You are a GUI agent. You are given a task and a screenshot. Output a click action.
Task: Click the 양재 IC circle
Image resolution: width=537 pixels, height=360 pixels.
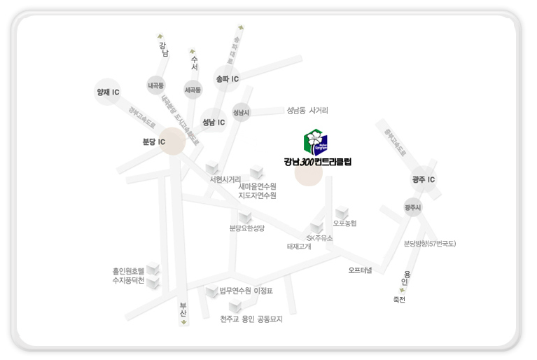[x=108, y=92]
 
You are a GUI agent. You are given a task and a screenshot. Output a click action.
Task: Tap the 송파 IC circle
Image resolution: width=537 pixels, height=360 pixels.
[x=228, y=79]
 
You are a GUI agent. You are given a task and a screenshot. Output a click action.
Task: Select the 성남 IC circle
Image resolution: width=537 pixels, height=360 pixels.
[x=214, y=122]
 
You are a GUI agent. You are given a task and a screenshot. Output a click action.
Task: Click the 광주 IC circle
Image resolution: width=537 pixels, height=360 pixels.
[x=424, y=180]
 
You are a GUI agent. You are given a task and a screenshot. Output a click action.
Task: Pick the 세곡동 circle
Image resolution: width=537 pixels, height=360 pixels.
[x=193, y=90]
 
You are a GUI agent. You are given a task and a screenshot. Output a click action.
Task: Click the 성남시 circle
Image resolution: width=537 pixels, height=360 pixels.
[x=241, y=112]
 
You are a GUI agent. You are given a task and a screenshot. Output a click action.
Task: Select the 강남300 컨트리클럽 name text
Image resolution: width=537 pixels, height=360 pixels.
[x=317, y=162]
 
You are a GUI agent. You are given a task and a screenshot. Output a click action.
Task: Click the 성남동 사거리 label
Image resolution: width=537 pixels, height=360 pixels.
[x=307, y=111]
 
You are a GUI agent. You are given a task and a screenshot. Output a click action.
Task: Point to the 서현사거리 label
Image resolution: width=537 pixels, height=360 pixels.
[x=225, y=179]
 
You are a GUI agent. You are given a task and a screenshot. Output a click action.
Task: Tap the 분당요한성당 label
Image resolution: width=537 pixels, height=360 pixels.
[x=246, y=228]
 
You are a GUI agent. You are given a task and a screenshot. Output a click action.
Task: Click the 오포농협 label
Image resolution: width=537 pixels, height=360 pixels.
[x=344, y=223]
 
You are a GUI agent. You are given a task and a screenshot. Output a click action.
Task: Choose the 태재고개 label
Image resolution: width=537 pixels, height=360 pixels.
[x=299, y=247]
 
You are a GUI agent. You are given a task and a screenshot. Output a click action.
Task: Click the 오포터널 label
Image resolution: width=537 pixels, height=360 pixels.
[x=361, y=270]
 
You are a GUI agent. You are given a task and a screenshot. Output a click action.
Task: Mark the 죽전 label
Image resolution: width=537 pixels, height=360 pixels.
[x=399, y=300]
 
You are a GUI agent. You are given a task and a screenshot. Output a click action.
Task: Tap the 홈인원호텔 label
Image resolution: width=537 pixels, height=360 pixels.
[x=128, y=270]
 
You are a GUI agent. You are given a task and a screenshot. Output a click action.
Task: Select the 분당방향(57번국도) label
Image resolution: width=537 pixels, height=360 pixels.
[x=430, y=244]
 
